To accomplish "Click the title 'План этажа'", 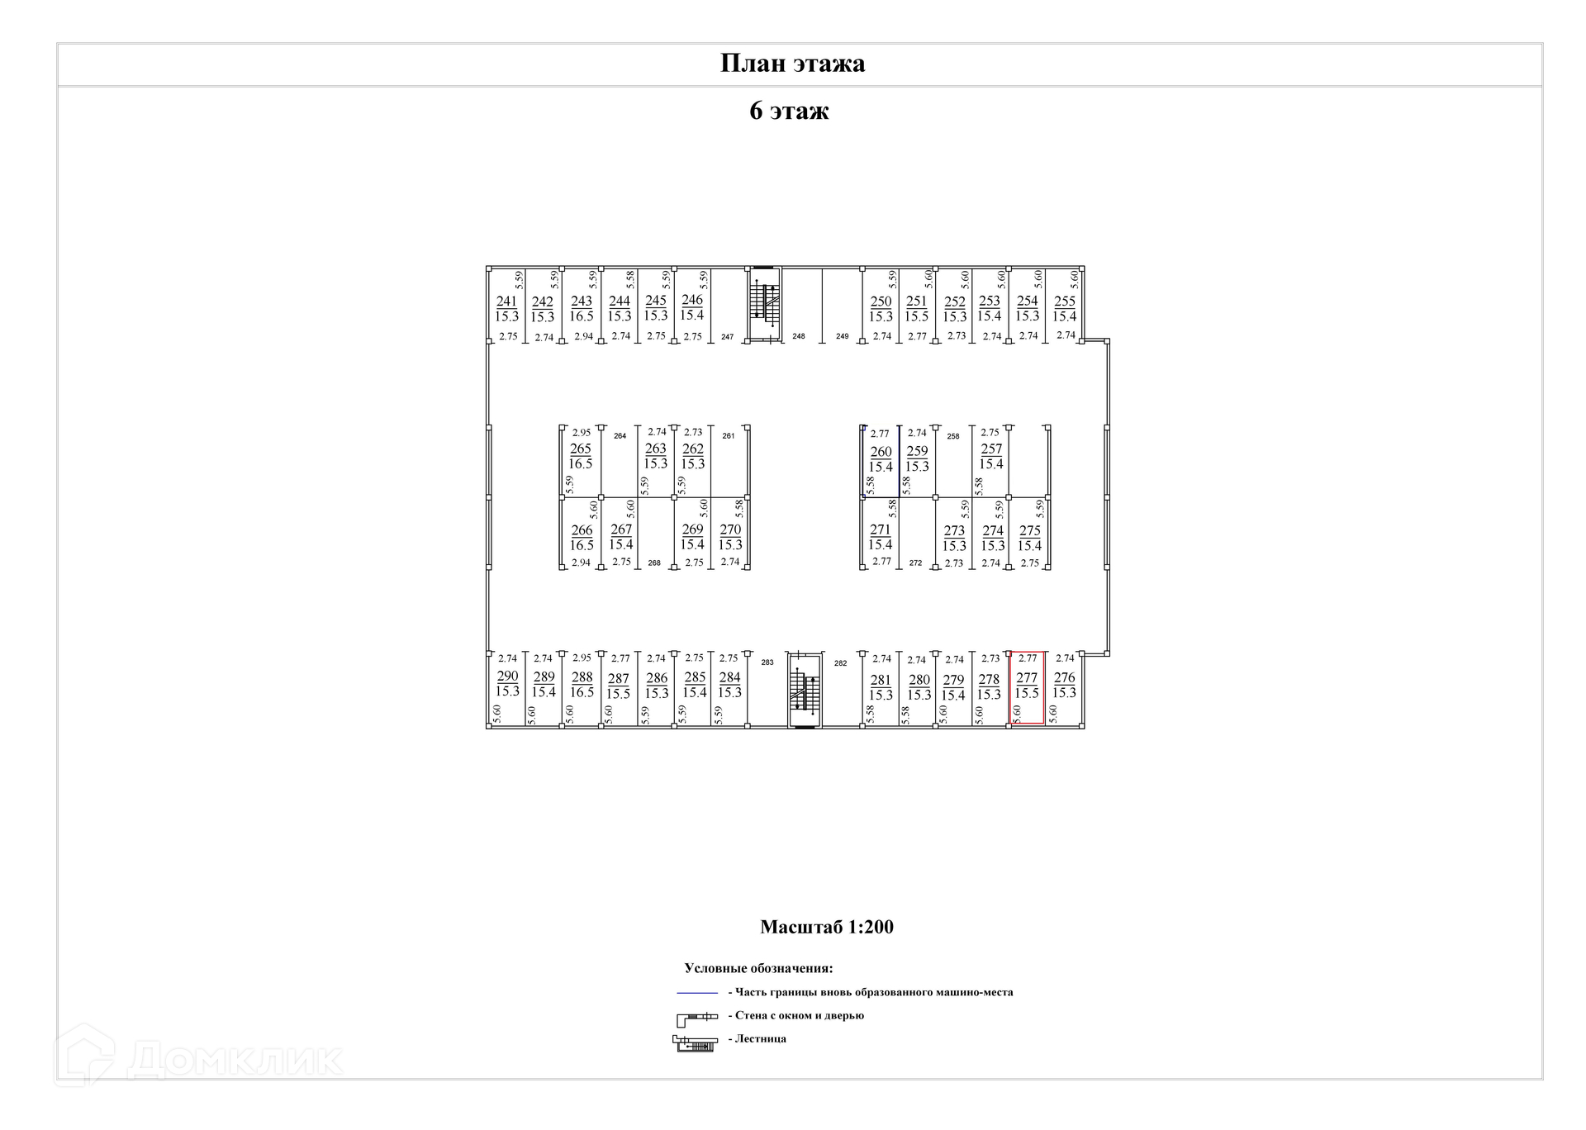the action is click(x=792, y=64).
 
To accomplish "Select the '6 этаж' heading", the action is click(x=789, y=111).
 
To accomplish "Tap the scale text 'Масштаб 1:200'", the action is click(x=826, y=927).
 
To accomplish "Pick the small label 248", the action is click(x=798, y=336).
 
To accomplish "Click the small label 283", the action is click(x=767, y=662).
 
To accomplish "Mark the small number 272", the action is click(x=915, y=563).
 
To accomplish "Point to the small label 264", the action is click(x=620, y=436).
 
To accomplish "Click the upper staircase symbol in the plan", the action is click(x=764, y=303).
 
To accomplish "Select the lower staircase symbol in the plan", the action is click(x=804, y=691).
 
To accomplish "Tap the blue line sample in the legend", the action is click(x=696, y=992).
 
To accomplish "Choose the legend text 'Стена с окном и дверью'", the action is click(x=799, y=1015).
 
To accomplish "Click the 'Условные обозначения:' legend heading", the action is click(x=758, y=968).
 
